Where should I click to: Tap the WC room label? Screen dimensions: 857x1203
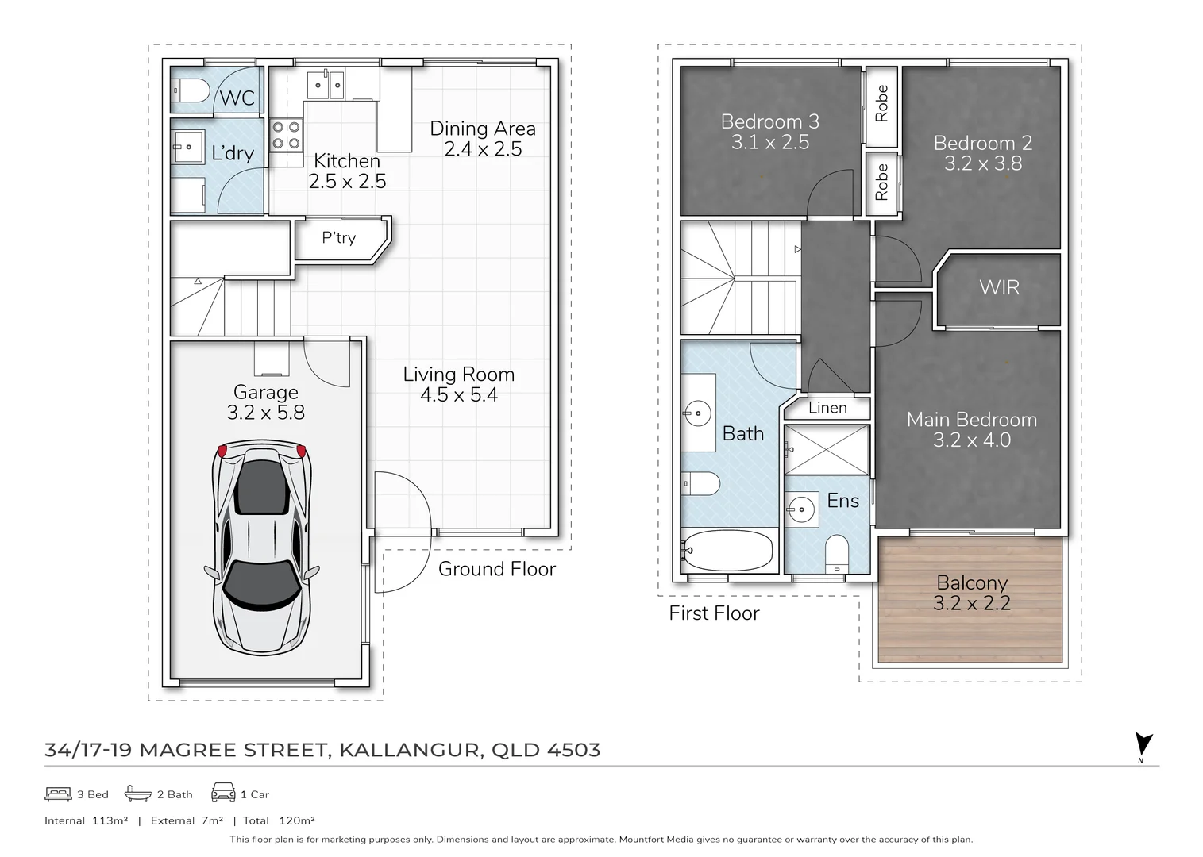pos(237,98)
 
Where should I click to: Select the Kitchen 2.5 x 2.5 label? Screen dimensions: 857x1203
pos(347,171)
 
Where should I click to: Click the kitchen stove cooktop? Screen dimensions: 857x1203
pos(286,135)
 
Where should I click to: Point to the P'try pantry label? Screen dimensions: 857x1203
pos(338,238)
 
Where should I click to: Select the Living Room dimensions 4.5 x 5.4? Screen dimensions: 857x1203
pos(459,395)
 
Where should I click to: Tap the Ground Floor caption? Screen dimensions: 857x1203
pos(496,569)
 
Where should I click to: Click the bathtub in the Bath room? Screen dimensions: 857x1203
pos(727,551)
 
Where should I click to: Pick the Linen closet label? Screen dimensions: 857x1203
pos(827,408)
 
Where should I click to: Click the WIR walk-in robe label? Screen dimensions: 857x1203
pos(999,287)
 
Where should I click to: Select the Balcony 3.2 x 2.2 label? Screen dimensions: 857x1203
pos(972,593)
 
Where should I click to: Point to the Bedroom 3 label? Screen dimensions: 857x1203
pos(769,121)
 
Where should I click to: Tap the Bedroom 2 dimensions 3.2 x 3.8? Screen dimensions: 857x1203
pos(983,163)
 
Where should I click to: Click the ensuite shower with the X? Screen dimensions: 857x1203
pos(827,449)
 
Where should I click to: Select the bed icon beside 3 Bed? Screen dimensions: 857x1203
pos(58,794)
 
